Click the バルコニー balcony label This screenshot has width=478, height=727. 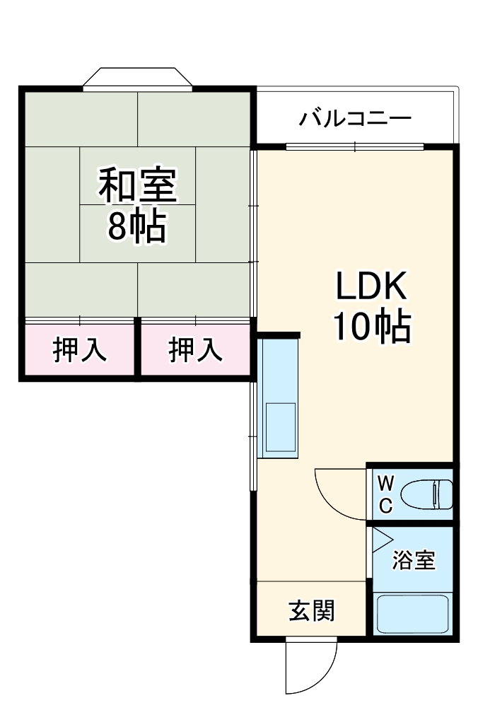pos(354,117)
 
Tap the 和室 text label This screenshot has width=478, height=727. pos(137,185)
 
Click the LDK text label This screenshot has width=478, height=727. pos(370,287)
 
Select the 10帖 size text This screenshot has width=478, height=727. pos(371,326)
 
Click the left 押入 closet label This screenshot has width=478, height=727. pos(80,350)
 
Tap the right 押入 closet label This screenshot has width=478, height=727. pos(195,350)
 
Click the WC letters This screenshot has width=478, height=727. pos(385,494)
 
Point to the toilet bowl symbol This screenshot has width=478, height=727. pos(426,494)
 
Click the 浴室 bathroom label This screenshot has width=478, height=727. pos(414,561)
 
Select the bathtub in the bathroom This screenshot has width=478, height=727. pos(413,614)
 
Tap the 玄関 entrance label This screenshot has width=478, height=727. pos(311,610)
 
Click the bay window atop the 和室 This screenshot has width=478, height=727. pos(137,78)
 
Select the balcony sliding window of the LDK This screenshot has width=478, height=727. pos(355,147)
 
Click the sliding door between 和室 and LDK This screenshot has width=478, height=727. pos(254,233)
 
